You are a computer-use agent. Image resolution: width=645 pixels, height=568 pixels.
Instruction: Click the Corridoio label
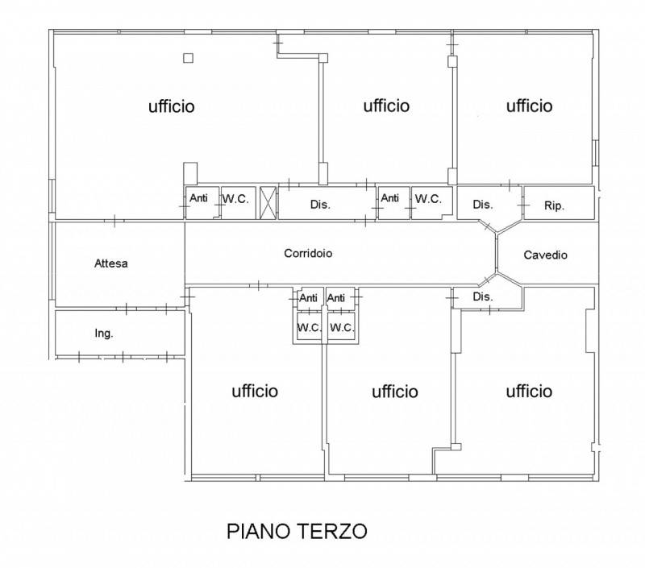click(x=308, y=253)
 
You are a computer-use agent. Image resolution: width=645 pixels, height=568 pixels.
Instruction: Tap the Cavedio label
click(x=546, y=255)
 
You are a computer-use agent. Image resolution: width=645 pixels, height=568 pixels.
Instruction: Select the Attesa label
click(x=111, y=263)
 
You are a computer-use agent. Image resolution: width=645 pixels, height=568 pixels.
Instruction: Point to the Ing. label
click(x=104, y=334)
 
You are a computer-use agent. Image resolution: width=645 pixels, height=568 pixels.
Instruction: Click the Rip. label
click(x=554, y=205)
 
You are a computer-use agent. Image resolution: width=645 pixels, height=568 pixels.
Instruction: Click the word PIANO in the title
click(x=258, y=531)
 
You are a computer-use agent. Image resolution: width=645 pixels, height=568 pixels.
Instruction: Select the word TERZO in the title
click(x=332, y=531)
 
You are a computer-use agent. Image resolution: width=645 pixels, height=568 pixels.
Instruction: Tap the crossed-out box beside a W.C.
click(x=268, y=203)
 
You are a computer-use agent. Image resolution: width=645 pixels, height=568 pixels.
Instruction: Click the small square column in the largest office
click(x=188, y=58)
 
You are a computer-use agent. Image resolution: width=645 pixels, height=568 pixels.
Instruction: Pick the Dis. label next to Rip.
click(x=483, y=205)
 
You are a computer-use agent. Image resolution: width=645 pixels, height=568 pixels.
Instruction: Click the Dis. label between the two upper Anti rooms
click(x=320, y=205)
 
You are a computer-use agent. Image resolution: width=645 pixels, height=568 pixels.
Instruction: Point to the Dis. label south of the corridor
click(x=483, y=296)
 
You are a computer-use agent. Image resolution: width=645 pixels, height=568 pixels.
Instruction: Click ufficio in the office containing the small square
click(x=172, y=106)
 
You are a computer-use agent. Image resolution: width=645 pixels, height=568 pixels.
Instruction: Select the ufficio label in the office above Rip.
click(x=530, y=106)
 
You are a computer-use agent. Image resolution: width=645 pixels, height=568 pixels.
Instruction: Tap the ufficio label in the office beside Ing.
click(x=255, y=391)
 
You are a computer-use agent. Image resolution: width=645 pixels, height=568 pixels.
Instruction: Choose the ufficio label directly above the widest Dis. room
click(x=387, y=106)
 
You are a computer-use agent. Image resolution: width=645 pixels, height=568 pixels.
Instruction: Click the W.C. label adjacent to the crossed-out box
click(x=235, y=199)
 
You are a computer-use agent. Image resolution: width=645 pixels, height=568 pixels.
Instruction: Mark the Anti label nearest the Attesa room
click(x=198, y=197)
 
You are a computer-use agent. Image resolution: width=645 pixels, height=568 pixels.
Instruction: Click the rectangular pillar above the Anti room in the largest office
click(x=190, y=173)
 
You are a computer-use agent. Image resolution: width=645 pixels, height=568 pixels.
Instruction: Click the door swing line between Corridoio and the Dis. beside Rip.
click(x=488, y=226)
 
